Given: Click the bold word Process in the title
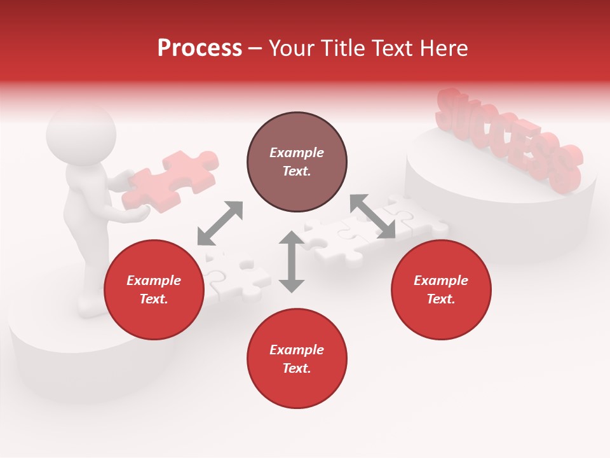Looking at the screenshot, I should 200,48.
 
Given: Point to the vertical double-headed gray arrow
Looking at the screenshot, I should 292,261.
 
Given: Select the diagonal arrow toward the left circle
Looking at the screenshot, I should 220,223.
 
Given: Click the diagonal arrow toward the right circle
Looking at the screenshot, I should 373,216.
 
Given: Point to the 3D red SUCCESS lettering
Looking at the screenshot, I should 508,140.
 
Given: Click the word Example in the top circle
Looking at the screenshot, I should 297,153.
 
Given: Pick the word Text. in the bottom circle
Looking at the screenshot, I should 297,368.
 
